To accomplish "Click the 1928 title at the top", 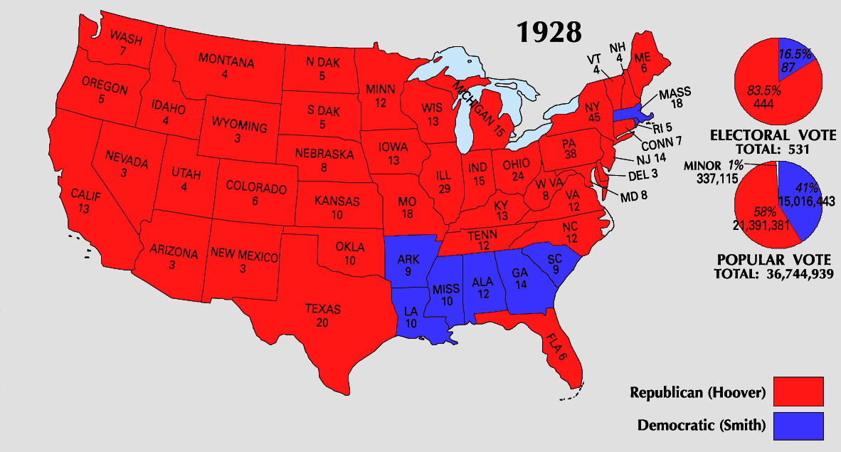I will point(549,32).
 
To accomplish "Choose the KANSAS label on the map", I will point(337,208).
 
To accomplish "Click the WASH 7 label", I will point(125,42).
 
